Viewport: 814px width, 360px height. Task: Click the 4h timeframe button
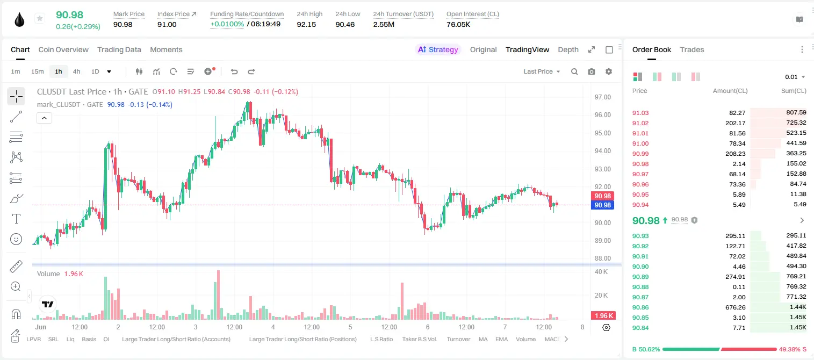[x=76, y=71]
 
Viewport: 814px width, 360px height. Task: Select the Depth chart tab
[x=568, y=49]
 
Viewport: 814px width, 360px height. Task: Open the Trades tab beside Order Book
[x=692, y=49]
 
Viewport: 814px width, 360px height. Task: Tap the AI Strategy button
[x=438, y=49]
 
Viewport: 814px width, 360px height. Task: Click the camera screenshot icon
[x=592, y=71]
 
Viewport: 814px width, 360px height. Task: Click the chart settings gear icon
[x=609, y=71]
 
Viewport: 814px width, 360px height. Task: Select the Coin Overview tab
[x=63, y=49]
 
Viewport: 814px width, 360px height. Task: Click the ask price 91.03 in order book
[x=640, y=113]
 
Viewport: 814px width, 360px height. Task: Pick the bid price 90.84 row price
[x=640, y=328]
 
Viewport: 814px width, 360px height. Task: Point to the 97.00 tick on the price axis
[x=602, y=97]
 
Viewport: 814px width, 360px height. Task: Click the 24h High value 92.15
[x=306, y=24]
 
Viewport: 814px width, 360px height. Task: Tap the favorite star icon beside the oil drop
[x=40, y=18]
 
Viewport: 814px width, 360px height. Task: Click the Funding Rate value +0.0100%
[x=227, y=24]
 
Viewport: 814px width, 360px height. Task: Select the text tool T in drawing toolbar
[x=16, y=219]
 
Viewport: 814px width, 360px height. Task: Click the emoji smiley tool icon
[x=16, y=239]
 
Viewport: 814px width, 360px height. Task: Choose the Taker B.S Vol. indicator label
[x=419, y=339]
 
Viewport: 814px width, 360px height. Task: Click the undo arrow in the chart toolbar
[x=234, y=71]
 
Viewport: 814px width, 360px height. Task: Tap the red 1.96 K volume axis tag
[x=602, y=316]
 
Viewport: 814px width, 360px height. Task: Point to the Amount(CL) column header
[x=730, y=91]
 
